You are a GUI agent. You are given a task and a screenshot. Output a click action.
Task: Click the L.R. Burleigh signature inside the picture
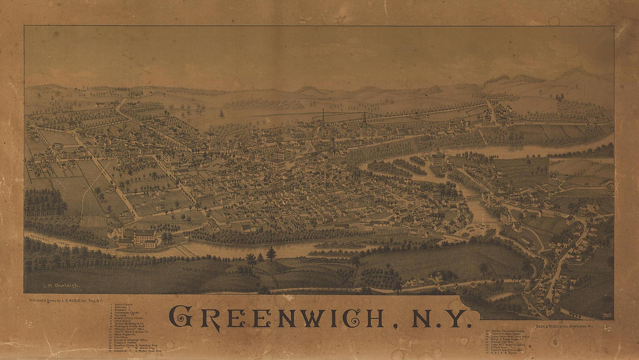tap(62, 286)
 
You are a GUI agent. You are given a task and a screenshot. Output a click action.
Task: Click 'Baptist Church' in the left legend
tap(125, 304)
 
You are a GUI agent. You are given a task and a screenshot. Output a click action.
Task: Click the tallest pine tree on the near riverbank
tap(271, 253)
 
